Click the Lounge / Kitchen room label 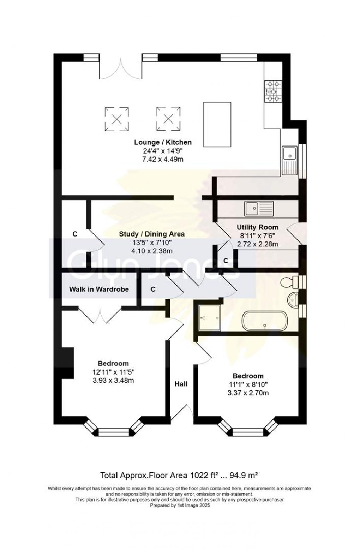point(163,142)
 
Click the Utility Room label point(257,227)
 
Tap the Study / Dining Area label point(151,234)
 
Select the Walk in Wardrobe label point(99,289)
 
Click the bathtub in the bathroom point(264,321)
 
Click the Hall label point(181,384)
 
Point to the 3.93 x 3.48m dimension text point(113,380)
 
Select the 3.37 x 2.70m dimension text point(248,393)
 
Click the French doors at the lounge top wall point(121,67)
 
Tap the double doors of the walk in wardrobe point(100,315)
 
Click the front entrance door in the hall point(182,412)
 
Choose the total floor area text point(180,475)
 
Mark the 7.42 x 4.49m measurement point(163,159)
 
